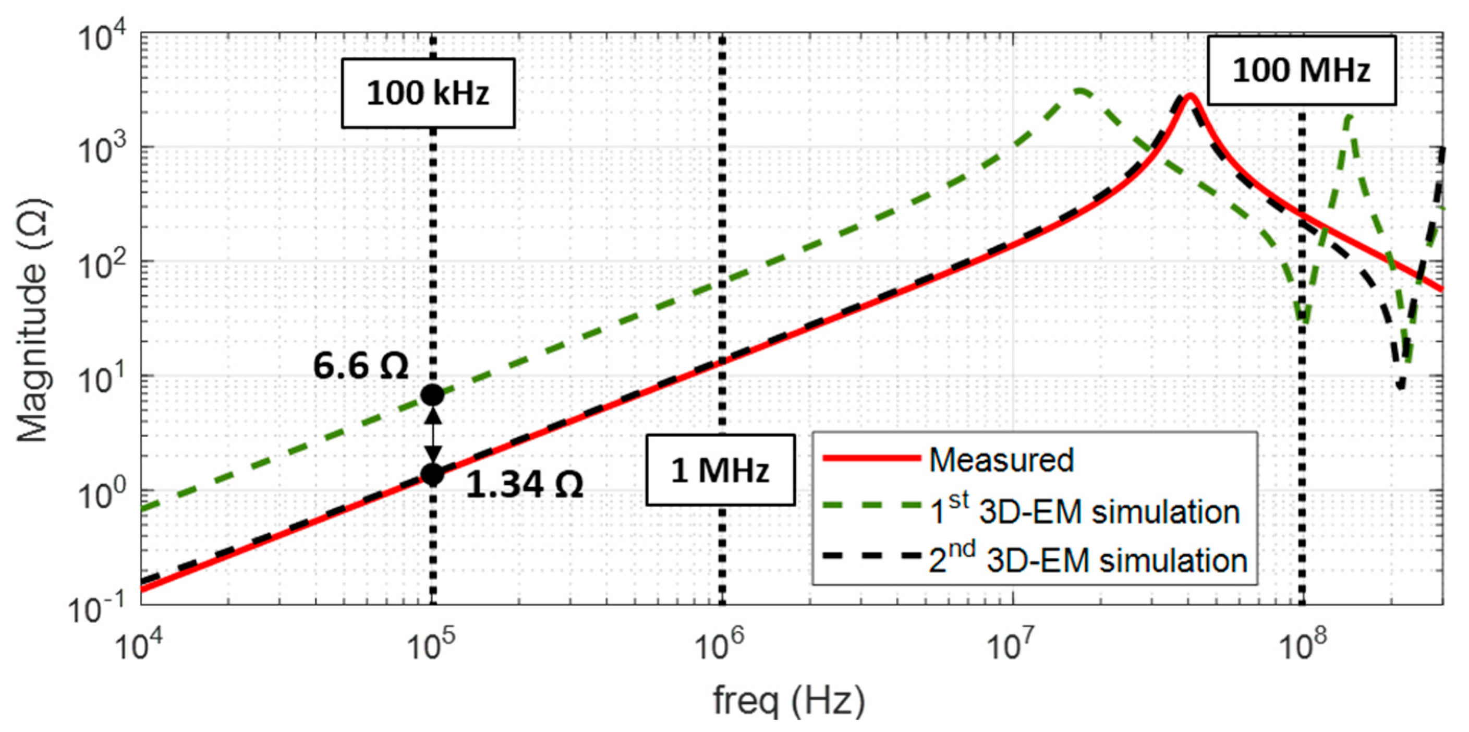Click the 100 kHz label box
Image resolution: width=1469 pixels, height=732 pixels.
[x=428, y=93]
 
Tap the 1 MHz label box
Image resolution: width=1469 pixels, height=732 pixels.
[x=720, y=470]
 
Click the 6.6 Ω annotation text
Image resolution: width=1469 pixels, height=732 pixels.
[x=361, y=366]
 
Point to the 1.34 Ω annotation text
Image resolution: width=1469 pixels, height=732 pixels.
[x=525, y=485]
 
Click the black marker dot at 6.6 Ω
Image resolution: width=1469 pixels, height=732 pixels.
[x=432, y=395]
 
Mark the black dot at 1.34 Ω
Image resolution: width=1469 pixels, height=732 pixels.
[x=432, y=474]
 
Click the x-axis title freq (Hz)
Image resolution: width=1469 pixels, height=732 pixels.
[x=788, y=700]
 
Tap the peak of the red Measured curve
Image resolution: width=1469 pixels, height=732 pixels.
[x=1190, y=95]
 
